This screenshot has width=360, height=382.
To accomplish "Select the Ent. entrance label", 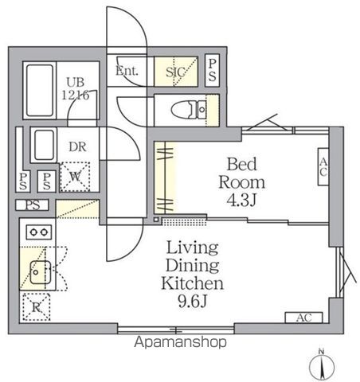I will point(127,71).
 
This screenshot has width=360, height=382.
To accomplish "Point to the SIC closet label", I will point(176,72).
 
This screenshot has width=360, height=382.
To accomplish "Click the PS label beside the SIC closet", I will point(212,70).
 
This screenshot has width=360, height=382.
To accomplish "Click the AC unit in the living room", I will point(303,318).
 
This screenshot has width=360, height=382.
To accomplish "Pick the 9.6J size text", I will point(194,301).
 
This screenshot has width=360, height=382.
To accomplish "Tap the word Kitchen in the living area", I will point(194,283).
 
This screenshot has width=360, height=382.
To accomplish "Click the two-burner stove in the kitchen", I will point(37,232).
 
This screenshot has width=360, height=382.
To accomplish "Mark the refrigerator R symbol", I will point(37,305).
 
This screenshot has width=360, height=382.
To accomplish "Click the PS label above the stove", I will point(31,205).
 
